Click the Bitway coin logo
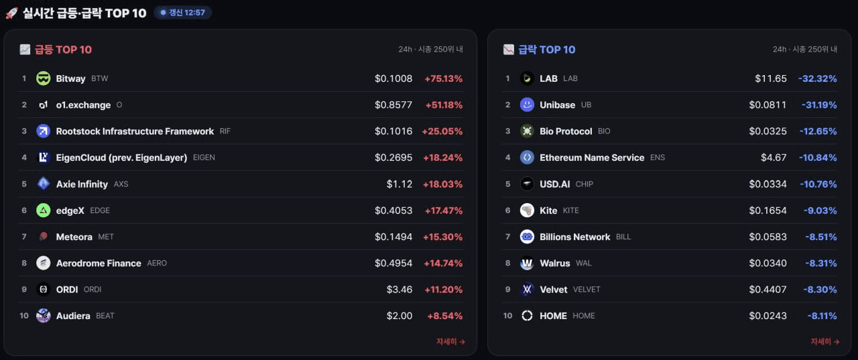44,78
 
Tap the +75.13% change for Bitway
444,78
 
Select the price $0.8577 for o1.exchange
393,105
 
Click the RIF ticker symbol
225,131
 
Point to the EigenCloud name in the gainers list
121,158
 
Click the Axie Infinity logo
44,184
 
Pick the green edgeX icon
44,211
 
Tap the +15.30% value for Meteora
443,237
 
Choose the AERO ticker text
157,263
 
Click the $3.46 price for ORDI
400,290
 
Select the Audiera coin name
73,316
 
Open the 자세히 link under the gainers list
451,341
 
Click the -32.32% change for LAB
817,78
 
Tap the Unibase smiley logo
527,105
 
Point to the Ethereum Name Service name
592,158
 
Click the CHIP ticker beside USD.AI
585,184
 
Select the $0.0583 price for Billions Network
768,237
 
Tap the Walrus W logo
527,263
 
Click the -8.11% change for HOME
822,316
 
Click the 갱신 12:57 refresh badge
183,13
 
